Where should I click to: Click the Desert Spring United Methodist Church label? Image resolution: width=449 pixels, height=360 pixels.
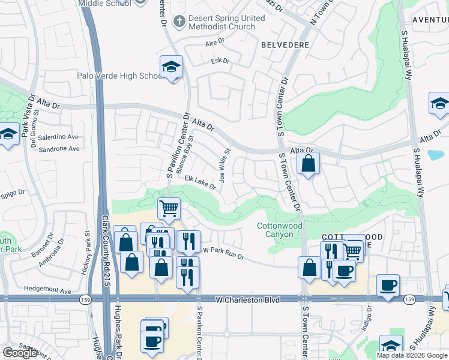pos(226,23)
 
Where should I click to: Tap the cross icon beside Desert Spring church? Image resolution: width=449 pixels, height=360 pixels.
pos(178,22)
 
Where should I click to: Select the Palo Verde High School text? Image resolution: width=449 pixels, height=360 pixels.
pos(120,76)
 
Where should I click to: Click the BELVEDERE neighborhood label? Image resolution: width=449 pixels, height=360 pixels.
pos(285,45)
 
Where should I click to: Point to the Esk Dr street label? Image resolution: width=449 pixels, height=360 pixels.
pos(220,61)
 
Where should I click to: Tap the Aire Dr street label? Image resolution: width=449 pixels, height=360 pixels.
pos(214,44)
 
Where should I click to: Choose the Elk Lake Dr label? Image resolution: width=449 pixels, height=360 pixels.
pos(200,182)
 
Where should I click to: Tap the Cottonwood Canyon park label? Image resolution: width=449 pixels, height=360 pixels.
pos(276,230)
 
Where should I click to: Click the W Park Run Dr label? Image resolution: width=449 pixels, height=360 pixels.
pos(223,253)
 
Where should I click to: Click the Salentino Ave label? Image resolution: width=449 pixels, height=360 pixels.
pos(59,137)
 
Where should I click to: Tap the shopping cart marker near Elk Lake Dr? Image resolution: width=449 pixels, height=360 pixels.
pos(169,209)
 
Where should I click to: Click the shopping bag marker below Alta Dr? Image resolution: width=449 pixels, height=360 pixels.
pos(308,163)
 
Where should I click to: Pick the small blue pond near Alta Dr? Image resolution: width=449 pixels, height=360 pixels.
pos(436,154)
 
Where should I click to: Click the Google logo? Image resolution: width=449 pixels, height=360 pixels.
pos(20,353)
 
